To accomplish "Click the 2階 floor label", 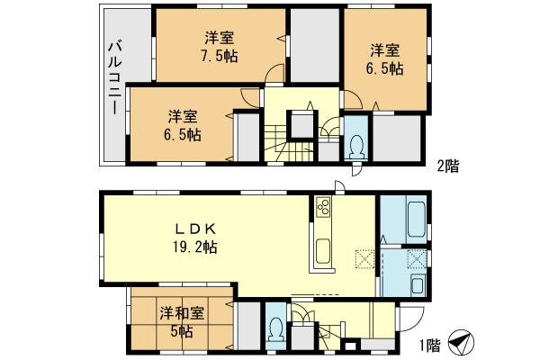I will [448, 165].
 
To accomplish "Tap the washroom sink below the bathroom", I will [419, 288].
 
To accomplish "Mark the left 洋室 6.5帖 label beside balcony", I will [183, 125].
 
